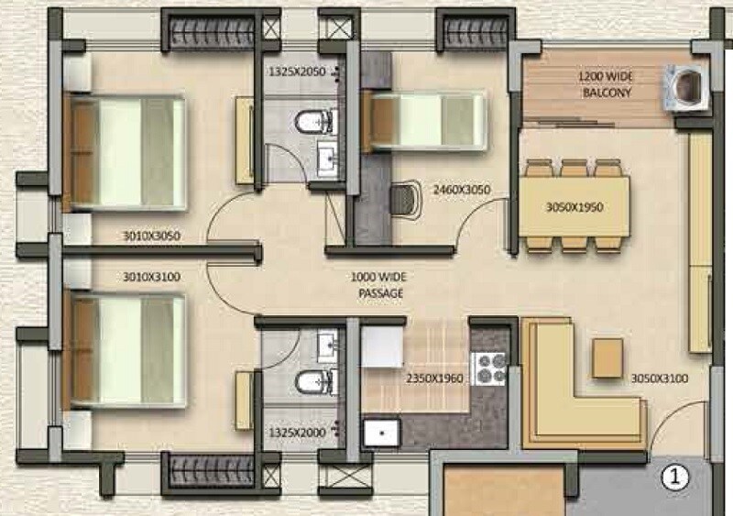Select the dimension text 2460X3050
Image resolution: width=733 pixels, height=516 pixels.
coord(462,190)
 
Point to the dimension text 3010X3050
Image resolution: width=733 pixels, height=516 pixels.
coord(152,236)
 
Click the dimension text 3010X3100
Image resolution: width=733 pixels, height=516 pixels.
coord(152,274)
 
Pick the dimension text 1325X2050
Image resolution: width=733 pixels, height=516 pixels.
coord(296,71)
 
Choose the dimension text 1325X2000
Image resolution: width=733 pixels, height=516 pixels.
coord(296,430)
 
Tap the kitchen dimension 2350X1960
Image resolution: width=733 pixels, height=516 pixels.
coord(435,378)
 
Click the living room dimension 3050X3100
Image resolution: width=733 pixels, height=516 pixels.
coord(660,378)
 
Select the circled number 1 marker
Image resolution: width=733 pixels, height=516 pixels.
coord(674,476)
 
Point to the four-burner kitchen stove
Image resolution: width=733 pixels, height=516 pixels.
coord(492,367)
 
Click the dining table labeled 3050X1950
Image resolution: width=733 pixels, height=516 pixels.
coord(574,207)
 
